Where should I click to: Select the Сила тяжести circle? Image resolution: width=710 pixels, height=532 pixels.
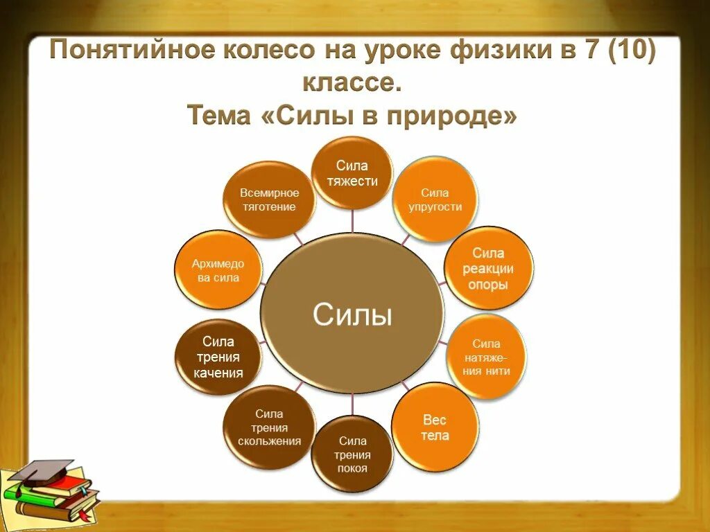point(351,173)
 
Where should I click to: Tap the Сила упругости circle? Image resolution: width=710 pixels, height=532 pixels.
point(436,199)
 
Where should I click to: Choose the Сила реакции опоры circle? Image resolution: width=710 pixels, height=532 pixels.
point(488,268)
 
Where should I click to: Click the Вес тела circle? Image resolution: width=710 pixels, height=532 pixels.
point(435,427)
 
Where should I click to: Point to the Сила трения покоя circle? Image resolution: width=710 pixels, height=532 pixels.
point(352,454)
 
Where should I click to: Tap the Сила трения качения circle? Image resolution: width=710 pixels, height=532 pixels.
point(218,357)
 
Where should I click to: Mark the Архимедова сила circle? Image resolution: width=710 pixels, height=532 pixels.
point(218,270)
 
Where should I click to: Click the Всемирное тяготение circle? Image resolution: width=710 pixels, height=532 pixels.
point(270,199)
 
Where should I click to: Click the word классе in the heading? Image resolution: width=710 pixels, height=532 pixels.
point(351,84)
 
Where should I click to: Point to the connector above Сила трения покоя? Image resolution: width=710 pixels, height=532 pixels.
point(352,405)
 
